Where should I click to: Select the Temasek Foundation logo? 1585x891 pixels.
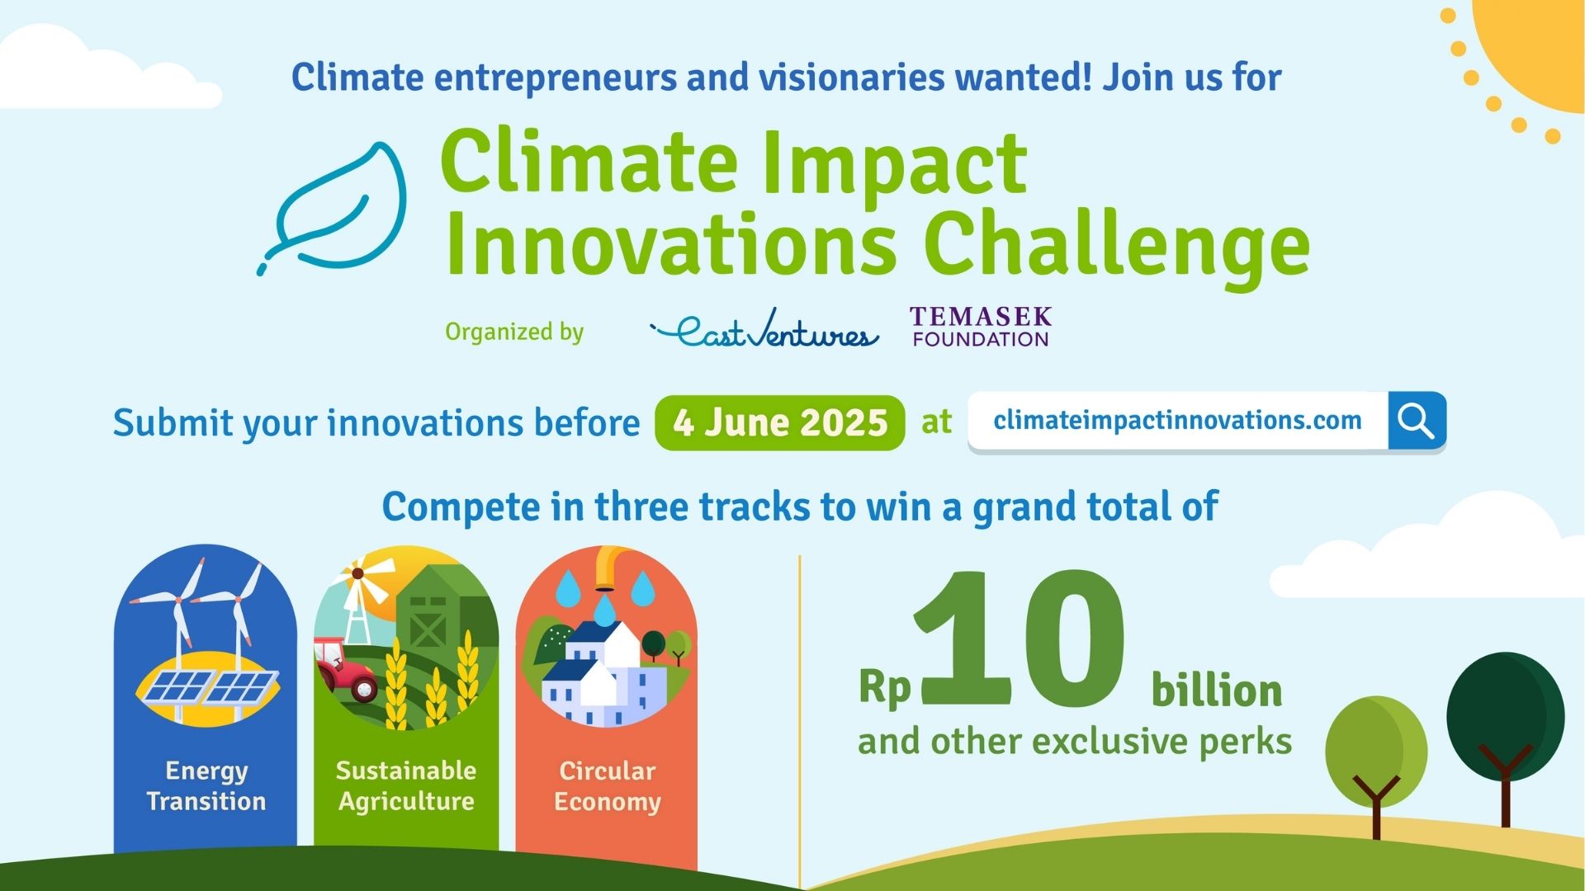[x=981, y=327]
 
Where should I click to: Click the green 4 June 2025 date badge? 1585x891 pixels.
[x=779, y=423]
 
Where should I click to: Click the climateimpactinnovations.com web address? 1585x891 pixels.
[x=1177, y=421]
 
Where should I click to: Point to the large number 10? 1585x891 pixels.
[x=1020, y=639]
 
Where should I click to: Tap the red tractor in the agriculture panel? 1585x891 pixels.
[x=347, y=668]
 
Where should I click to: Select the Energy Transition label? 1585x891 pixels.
[x=206, y=785]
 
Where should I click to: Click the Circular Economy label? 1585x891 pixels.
[x=607, y=785]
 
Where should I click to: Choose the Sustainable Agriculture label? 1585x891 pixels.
[x=406, y=785]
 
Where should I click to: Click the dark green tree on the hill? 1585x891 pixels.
[x=1505, y=718]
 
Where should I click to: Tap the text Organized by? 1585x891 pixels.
[x=514, y=332]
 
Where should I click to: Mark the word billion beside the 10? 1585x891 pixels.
[x=1217, y=691]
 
